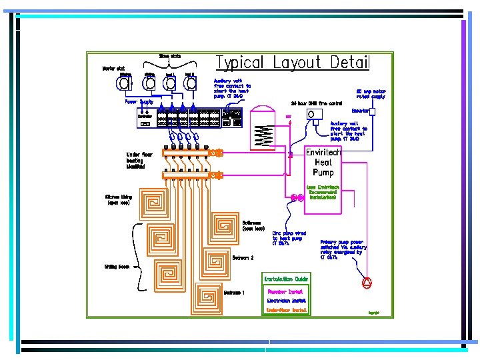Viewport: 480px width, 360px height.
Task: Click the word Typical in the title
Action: pyautogui.click(x=240, y=63)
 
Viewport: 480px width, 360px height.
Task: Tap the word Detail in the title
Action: pyautogui.click(x=347, y=63)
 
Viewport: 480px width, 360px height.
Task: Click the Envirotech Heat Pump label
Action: pyautogui.click(x=323, y=163)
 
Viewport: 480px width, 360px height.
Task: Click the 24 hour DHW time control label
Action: pyautogui.click(x=317, y=103)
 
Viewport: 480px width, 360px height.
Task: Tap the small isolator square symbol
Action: pyautogui.click(x=373, y=111)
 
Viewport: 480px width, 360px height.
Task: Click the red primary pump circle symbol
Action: pyautogui.click(x=367, y=282)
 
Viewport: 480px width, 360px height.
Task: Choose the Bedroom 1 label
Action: pyautogui.click(x=234, y=293)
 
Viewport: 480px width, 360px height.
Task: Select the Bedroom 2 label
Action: pyautogui.click(x=243, y=257)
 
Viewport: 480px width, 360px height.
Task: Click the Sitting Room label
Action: pyautogui.click(x=115, y=267)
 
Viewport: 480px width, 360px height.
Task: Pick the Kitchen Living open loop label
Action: pyautogui.click(x=119, y=200)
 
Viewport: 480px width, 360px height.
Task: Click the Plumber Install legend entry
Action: pyautogui.click(x=285, y=291)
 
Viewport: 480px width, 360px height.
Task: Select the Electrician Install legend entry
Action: pyautogui.click(x=285, y=301)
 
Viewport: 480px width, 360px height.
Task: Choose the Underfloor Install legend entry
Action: pyautogui.click(x=286, y=310)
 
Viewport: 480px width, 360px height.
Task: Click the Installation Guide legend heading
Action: pyautogui.click(x=286, y=279)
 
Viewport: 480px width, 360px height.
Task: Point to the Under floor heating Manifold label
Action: pyautogui.click(x=139, y=160)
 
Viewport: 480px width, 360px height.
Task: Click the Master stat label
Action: pyautogui.click(x=113, y=68)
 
